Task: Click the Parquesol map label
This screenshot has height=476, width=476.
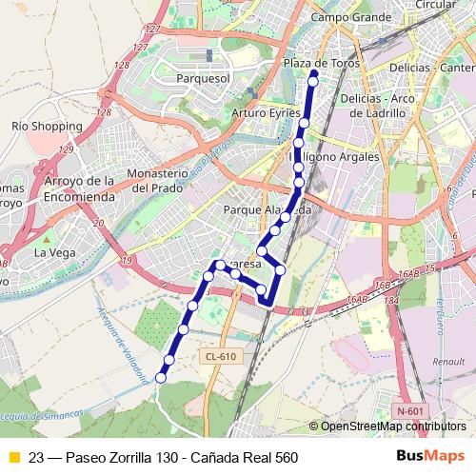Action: (204, 78)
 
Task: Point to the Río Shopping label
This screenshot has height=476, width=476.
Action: (47, 126)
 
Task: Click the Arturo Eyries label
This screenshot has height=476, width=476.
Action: (267, 112)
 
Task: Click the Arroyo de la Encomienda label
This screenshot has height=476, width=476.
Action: (80, 188)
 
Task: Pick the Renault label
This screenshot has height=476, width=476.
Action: (447, 362)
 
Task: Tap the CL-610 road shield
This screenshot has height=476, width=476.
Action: (219, 356)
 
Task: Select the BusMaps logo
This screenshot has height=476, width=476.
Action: (430, 457)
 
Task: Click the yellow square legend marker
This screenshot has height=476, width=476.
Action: (13, 458)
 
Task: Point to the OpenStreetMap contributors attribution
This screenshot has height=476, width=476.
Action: (392, 426)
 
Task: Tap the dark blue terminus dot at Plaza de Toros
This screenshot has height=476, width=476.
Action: (314, 72)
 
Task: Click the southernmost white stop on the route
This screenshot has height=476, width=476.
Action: (161, 378)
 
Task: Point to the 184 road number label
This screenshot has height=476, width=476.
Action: (391, 302)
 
